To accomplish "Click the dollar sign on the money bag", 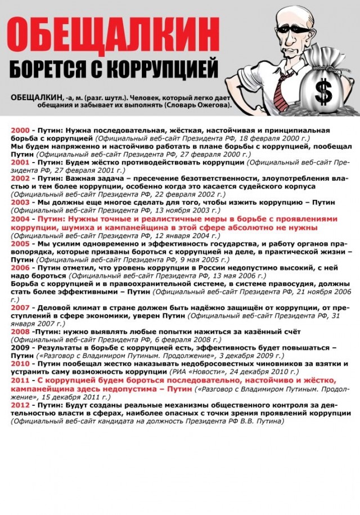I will pos(323,89).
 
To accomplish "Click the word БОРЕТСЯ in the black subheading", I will pos(46,69).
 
